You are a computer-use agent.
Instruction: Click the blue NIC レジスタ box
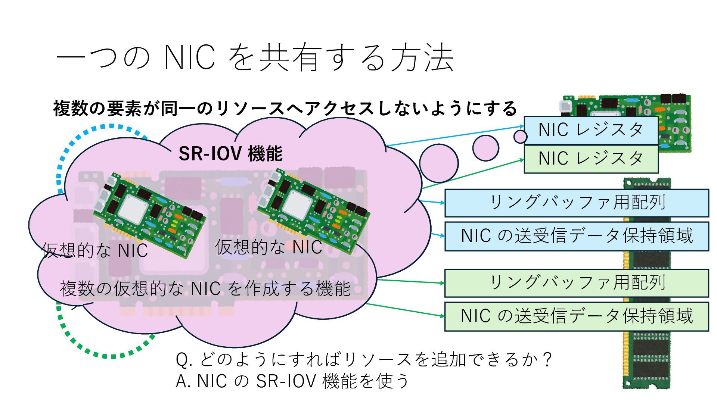[591, 130]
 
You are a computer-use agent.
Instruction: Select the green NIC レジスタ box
[591, 159]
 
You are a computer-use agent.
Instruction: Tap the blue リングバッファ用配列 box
[577, 203]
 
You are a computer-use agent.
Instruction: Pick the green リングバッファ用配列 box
[577, 283]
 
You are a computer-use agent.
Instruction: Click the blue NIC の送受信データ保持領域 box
[577, 236]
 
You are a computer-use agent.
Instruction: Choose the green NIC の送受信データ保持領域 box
[577, 316]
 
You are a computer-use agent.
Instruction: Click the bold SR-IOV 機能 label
[230, 153]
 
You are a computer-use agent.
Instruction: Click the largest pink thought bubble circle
[439, 163]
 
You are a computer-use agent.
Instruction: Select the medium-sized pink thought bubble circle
[485, 148]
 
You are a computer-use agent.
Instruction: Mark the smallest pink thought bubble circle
[520, 137]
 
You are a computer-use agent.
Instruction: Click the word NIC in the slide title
[190, 58]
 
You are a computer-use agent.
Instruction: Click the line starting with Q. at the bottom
[364, 359]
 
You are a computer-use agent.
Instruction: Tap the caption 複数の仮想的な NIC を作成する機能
[205, 288]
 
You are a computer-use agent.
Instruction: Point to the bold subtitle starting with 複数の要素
[285, 109]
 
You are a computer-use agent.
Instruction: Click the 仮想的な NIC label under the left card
[95, 250]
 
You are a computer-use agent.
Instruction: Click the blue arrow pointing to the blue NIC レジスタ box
[456, 136]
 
